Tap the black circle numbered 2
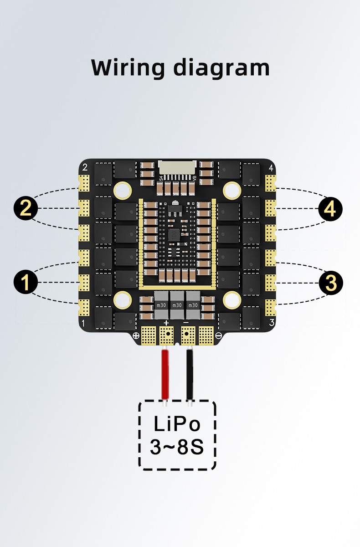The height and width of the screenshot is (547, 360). coord(26,208)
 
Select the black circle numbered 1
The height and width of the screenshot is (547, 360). coord(26,282)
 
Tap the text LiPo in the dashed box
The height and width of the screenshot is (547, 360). coord(177,424)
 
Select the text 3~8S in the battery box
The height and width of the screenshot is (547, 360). coord(177,448)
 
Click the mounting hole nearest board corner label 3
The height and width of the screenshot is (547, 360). coord(232,299)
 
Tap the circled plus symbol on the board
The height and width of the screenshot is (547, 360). coord(136,336)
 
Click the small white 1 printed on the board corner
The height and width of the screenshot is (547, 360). coord(82,323)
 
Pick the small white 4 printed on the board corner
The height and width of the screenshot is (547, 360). coord(272,168)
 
